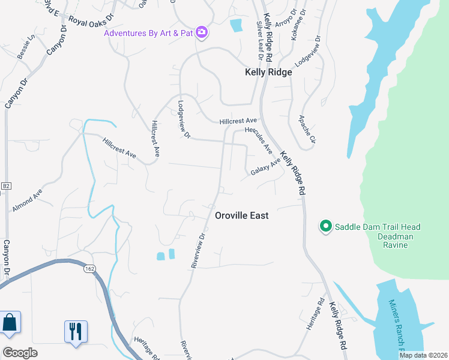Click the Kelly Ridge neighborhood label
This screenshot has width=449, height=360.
(268, 72)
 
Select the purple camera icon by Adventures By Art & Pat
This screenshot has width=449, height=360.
(202, 32)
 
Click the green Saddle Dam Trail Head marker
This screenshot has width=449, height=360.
(325, 226)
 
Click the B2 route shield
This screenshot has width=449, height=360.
(6, 187)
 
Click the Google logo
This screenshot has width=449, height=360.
(20, 353)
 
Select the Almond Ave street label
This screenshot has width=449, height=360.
(27, 200)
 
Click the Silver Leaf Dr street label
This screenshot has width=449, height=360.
(261, 41)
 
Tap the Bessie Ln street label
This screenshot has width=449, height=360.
(26, 46)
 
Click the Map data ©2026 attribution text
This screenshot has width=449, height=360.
(423, 355)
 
